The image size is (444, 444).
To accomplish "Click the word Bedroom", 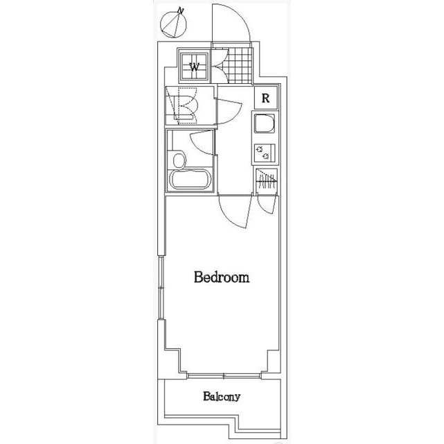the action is (x=222, y=277).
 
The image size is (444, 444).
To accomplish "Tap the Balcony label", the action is (x=222, y=396).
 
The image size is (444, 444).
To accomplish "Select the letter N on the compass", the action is (x=180, y=11).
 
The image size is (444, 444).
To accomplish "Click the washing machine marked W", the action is (x=194, y=67).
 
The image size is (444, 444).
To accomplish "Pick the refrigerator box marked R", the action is (x=265, y=98).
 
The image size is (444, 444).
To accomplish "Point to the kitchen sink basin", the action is (x=265, y=123).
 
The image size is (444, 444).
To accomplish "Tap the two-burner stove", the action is (x=265, y=153).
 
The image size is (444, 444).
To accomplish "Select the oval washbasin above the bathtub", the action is (x=179, y=161).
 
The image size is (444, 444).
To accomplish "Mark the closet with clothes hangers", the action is (x=266, y=182).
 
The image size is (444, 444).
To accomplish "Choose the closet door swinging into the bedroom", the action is (x=266, y=204).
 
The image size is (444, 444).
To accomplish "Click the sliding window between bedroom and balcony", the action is (x=224, y=376).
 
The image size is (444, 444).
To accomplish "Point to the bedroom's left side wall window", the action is (x=161, y=288).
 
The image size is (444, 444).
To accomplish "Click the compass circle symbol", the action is (x=174, y=25).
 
